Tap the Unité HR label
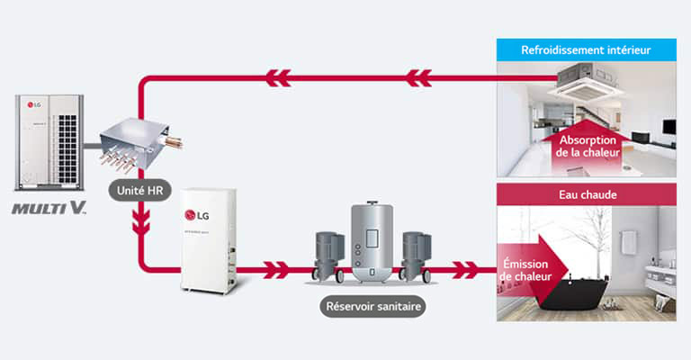[x=136, y=190]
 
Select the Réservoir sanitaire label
[x=372, y=306]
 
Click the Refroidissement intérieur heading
[x=586, y=49]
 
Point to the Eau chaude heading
[x=586, y=193]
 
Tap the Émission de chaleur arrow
[x=531, y=267]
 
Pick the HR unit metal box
[x=137, y=143]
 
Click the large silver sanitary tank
[x=372, y=242]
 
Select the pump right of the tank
[x=415, y=255]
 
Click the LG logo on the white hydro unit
[x=196, y=214]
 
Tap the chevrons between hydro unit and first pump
[x=274, y=268]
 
